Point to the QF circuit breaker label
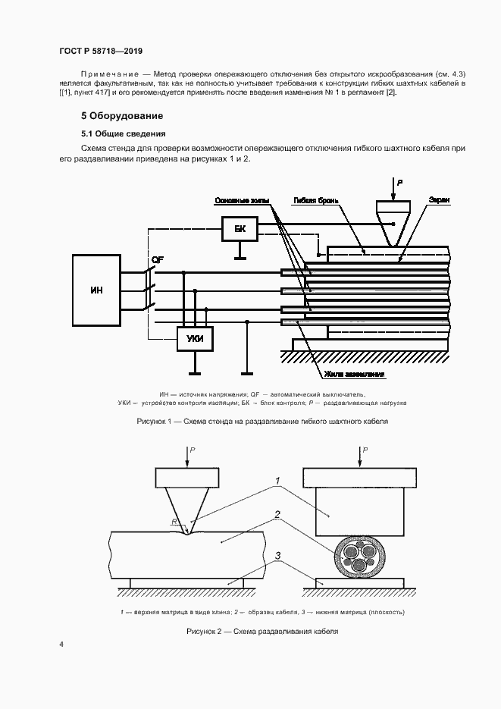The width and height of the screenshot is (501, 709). pos(158,261)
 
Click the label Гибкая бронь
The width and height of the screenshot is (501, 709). pos(312,200)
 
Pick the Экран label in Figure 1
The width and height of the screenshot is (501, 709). pos(440,200)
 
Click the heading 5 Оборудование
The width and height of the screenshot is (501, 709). pos(122,116)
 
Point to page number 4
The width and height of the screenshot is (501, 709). pos(61,645)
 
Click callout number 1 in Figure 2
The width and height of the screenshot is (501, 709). pos(279,481)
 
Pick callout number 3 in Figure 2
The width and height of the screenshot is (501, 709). pos(278,557)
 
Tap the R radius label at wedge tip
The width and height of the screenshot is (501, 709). pos(175,522)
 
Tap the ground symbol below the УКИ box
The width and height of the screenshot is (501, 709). pos(195,372)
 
